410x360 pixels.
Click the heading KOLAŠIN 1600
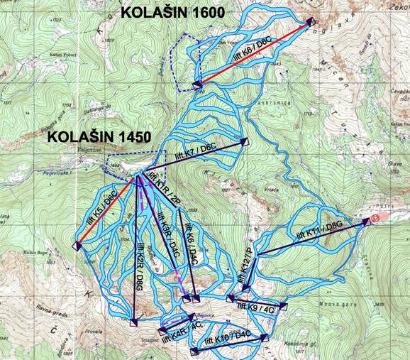[x=173, y=11]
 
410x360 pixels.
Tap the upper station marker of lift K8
[x=310, y=23]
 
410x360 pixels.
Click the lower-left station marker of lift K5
[x=75, y=246]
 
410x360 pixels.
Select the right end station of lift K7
[x=245, y=141]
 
